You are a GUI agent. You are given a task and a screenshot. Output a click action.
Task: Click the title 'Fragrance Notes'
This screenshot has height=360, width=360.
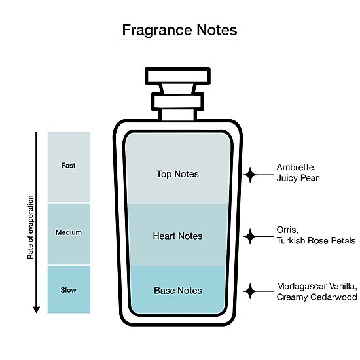(x=179, y=30)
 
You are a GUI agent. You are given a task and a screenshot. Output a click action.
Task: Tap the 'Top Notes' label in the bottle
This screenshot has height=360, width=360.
(x=177, y=174)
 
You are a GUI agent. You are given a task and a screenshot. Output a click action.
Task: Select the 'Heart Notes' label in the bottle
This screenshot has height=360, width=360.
(x=177, y=236)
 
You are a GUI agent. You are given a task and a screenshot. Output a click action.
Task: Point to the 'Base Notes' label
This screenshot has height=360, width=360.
(x=178, y=291)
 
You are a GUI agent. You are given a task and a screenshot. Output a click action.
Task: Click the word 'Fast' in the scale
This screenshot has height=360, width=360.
(x=68, y=166)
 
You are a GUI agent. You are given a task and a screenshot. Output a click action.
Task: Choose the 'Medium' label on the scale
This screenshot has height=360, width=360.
(x=69, y=232)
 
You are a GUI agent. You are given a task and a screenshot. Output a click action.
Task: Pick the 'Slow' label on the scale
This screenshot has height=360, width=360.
(x=69, y=290)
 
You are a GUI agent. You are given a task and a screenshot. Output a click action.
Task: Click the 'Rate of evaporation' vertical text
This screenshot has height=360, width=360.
(x=30, y=227)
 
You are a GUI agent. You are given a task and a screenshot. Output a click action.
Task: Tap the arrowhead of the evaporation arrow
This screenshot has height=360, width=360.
(x=36, y=310)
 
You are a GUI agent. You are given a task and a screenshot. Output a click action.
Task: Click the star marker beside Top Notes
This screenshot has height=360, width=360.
(x=250, y=175)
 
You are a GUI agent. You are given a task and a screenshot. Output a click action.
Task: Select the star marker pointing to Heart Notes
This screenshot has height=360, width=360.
(x=250, y=236)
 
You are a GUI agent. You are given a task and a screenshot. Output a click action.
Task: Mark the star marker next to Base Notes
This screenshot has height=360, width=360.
(x=250, y=291)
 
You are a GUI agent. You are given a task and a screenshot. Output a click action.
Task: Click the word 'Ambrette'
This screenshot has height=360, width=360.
(x=296, y=168)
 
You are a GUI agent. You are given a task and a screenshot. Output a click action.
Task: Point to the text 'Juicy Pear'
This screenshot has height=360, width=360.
(x=298, y=179)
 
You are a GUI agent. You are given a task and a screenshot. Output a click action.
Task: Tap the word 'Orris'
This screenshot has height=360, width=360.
(x=287, y=230)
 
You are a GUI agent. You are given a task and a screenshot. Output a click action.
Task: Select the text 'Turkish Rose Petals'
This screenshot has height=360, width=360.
(x=316, y=241)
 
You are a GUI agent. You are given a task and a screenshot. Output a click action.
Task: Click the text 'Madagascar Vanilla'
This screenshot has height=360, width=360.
(x=317, y=287)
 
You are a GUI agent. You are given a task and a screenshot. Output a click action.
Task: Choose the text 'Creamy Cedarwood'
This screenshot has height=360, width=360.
(x=317, y=297)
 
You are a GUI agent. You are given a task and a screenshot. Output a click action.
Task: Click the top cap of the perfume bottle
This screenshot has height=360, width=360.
(x=177, y=77)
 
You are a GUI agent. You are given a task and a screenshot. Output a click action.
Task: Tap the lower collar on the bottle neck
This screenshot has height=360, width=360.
(x=177, y=101)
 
